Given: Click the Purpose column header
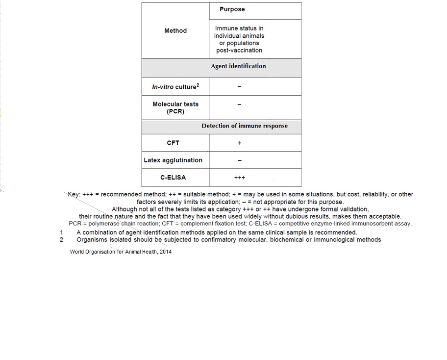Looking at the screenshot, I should coord(232,9).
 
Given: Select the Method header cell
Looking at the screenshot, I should coord(175,31).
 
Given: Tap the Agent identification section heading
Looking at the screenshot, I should coord(238,66).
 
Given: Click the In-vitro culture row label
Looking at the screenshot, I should coord(174,87).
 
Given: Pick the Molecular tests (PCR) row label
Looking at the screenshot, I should coord(175,108).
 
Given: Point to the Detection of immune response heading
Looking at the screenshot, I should coord(245,126).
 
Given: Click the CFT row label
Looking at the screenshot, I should coord(173,143).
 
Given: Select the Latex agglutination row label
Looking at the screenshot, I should coord(173,160).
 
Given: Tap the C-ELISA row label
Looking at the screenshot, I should coord(173,178).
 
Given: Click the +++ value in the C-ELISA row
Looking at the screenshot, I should coord(240,178).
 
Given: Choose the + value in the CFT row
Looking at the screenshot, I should coord(240,143).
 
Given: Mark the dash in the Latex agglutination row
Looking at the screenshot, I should coord(240,160).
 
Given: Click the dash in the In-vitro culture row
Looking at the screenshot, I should coord(239,87).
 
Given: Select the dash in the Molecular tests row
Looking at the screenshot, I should coord(239,104).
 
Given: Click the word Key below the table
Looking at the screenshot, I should coord(74,195).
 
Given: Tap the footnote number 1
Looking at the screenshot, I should coord(62,232).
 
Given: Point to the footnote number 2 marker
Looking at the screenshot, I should coord(62,240).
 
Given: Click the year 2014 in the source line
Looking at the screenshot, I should coord(165,252).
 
